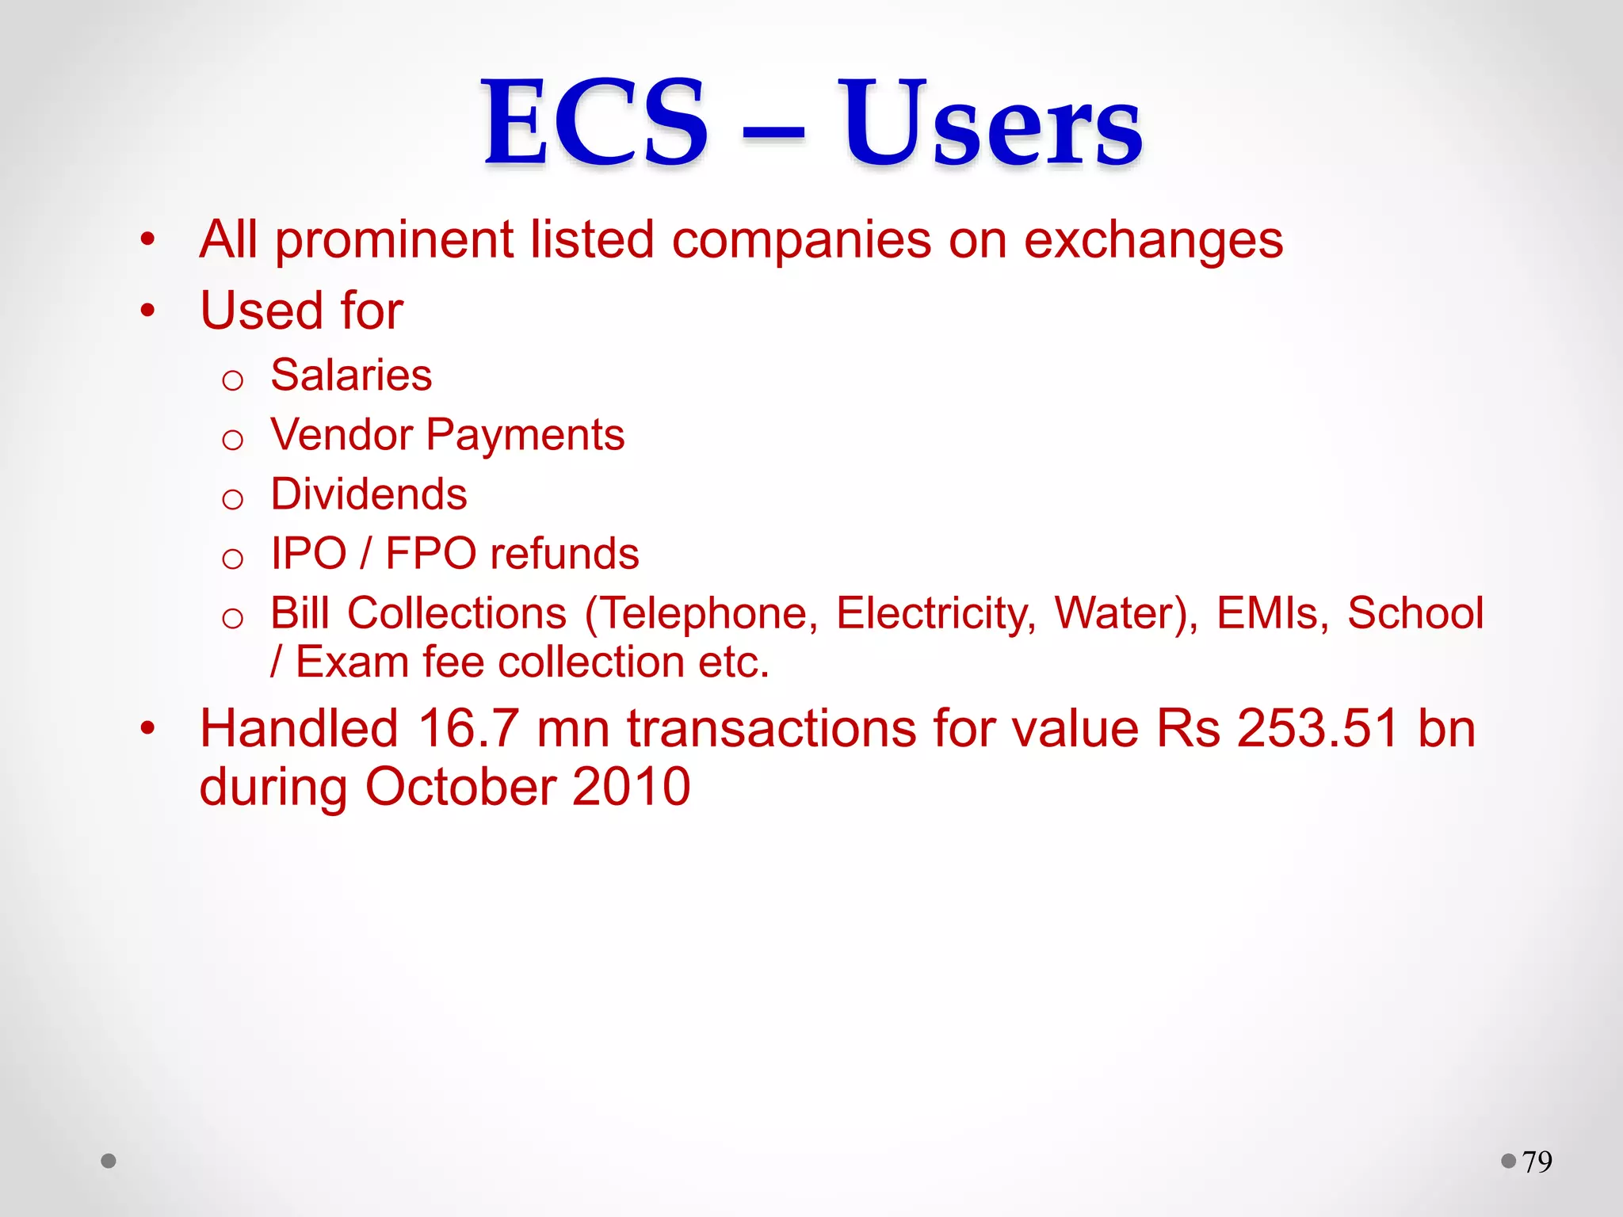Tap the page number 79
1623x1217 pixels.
tap(1537, 1162)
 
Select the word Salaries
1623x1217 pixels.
tap(351, 375)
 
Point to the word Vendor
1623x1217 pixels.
tap(342, 435)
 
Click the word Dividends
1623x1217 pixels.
tap(369, 494)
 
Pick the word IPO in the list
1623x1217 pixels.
tap(308, 554)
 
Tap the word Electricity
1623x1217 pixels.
tap(936, 614)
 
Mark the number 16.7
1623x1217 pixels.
tap(468, 728)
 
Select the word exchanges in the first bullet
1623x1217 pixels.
tap(1153, 240)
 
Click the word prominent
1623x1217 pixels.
tap(394, 240)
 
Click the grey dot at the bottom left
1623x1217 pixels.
tap(109, 1162)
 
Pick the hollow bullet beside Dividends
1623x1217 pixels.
tap(232, 500)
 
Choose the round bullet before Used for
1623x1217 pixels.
tap(148, 311)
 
